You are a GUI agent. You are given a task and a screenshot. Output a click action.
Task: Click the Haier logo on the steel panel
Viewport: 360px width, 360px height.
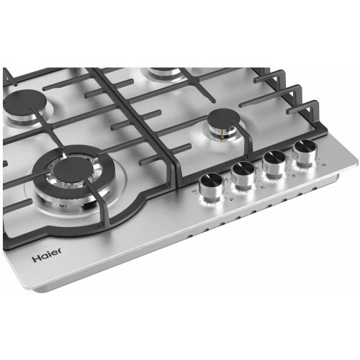(x=45, y=256)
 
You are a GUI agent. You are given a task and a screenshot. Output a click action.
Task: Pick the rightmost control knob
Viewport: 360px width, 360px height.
(x=302, y=153)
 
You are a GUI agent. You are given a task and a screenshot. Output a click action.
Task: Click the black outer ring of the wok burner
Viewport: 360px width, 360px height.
(x=43, y=189)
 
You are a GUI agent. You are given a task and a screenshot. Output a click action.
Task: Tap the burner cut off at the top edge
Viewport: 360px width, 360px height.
(x=166, y=71)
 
